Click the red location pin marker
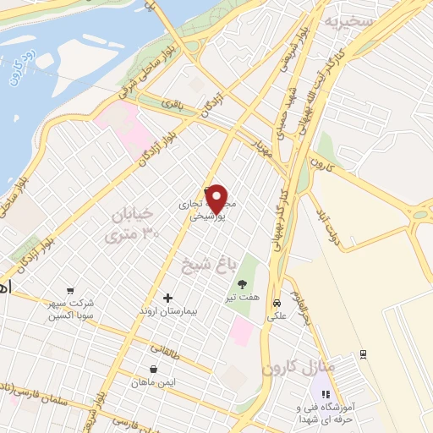pos(217,200)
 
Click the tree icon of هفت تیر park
pos(243,284)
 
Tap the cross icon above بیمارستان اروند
pos(167,298)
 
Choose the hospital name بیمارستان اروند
pos(167,312)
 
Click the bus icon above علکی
pos(277,303)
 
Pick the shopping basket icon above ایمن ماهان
pos(152,369)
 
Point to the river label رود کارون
pos(18,77)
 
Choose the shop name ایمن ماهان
pos(152,383)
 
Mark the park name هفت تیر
pos(243,299)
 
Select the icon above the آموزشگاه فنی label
pos(326,394)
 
